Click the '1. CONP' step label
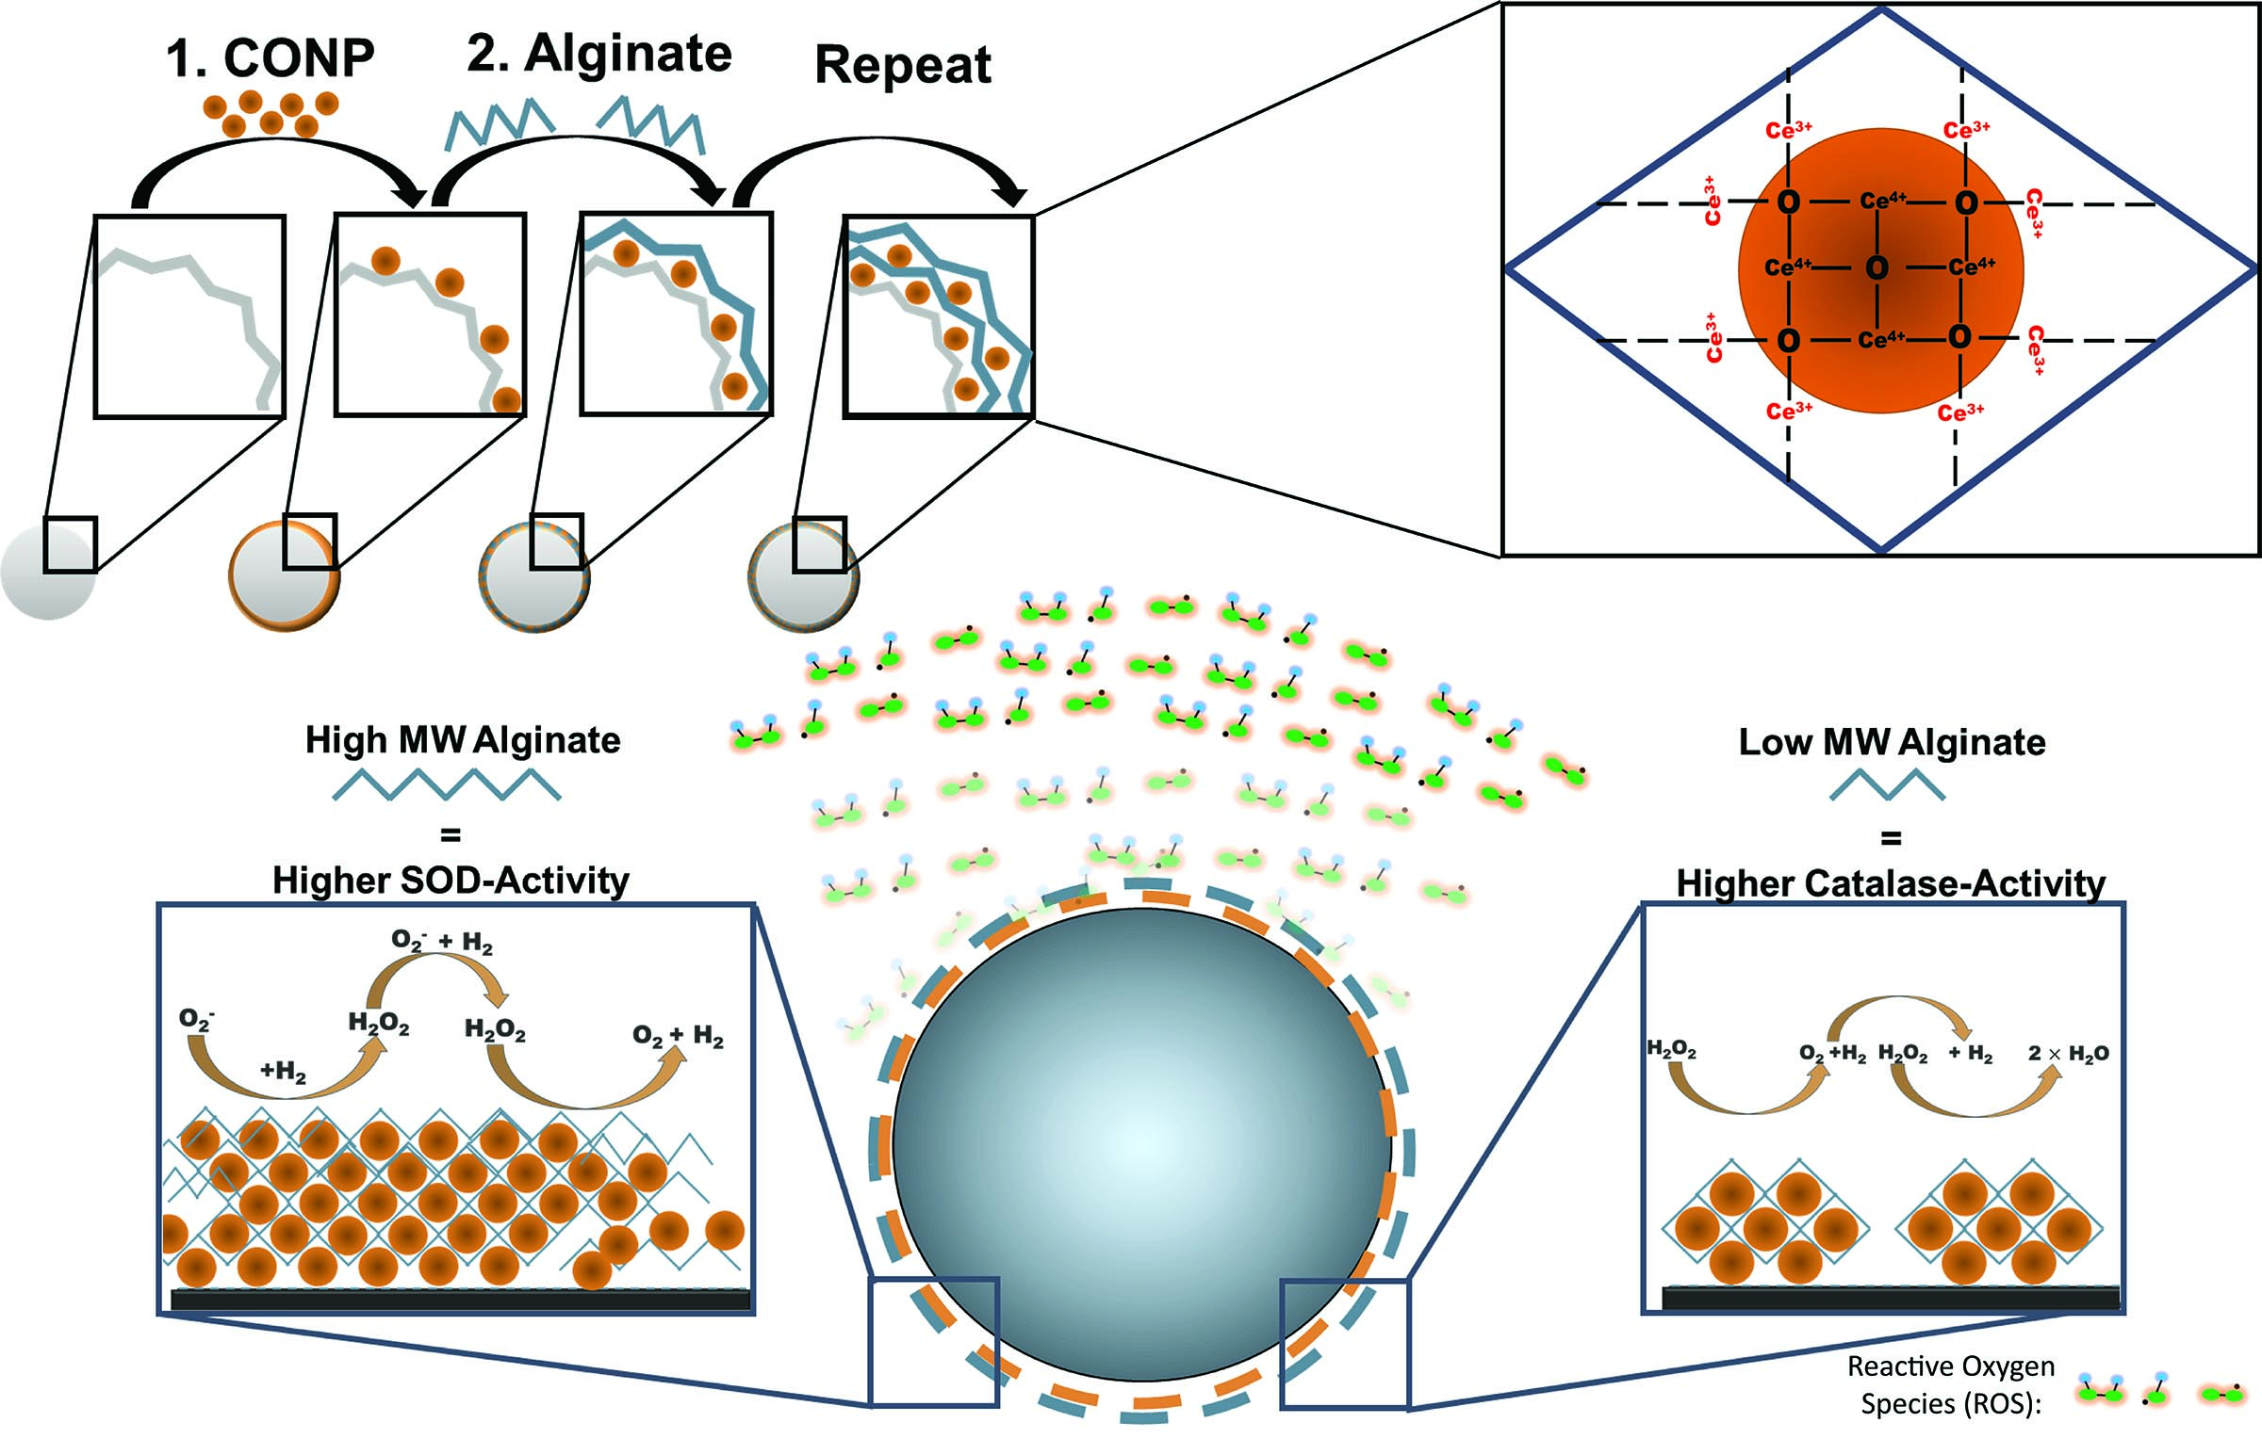[x=270, y=57]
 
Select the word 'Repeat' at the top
[x=903, y=65]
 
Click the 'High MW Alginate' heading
[x=462, y=740]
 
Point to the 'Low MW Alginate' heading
[x=1893, y=742]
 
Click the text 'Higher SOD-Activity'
[x=451, y=881]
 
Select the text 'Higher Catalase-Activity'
[x=1892, y=883]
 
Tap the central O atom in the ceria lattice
[x=1877, y=268]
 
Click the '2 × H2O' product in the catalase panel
[x=2068, y=1054]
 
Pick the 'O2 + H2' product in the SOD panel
[x=678, y=1037]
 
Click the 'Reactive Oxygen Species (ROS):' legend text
[x=1951, y=1384]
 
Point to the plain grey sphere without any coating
[x=48, y=573]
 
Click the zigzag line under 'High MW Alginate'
[x=447, y=785]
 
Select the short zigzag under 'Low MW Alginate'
[x=1888, y=785]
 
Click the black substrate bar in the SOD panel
[x=460, y=1300]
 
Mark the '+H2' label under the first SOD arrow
[x=284, y=1072]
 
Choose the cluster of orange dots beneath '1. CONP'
[x=270, y=113]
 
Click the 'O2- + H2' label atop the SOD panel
[x=441, y=942]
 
